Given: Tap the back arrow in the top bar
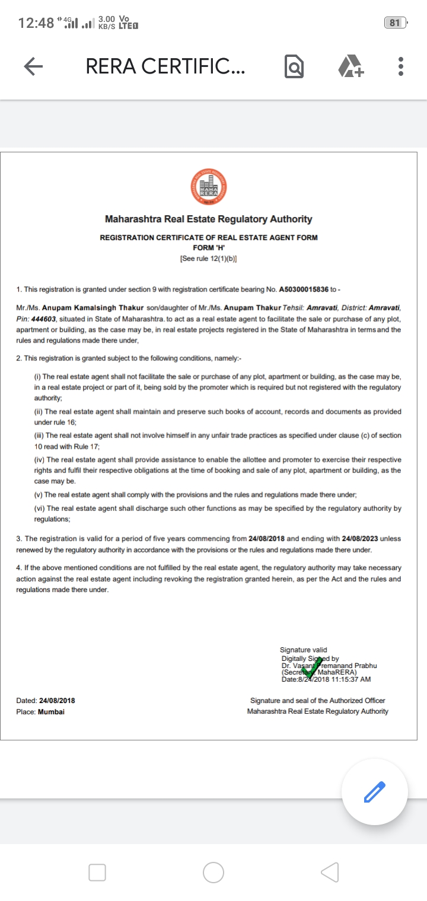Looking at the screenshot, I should tap(33, 67).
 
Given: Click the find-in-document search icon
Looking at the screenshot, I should tap(294, 67).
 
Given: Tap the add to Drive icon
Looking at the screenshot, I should tap(350, 67).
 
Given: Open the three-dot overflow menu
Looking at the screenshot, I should tap(401, 67).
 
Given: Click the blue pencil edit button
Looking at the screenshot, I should tap(374, 791).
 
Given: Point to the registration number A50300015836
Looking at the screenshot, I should tap(304, 289).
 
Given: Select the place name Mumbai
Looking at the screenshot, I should tap(51, 711).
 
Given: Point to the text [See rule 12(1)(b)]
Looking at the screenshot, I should tap(208, 259).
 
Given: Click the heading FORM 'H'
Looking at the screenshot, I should tap(208, 248).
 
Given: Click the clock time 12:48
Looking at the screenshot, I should tap(36, 23).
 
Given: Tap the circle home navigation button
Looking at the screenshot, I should tap(213, 872).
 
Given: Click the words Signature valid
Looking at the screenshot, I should tap(303, 650).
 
